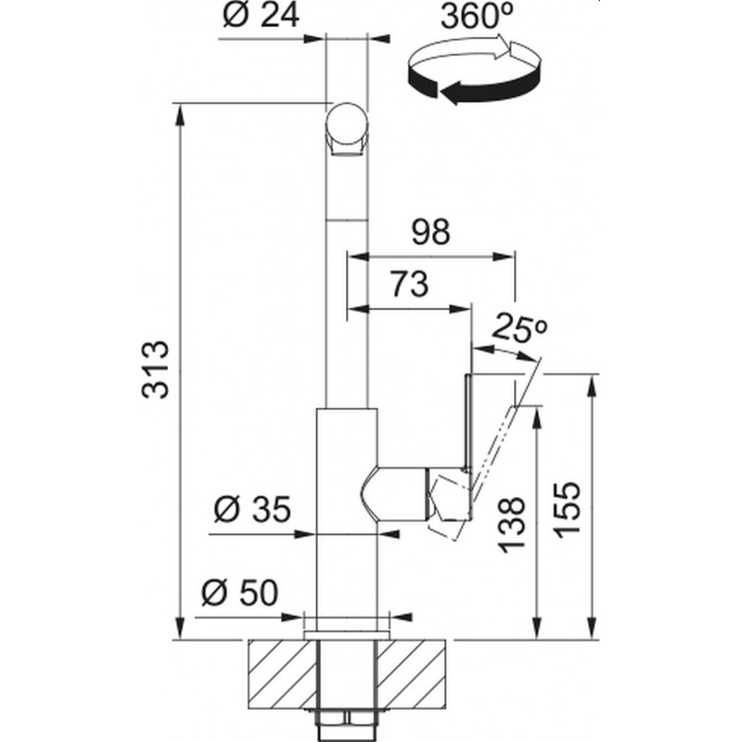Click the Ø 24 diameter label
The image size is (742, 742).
pos(261,16)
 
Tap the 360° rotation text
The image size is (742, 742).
pos(477,18)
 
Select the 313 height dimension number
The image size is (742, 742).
pos(155,370)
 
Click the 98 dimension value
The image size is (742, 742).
pos(430,233)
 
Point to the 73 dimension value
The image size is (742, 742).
pos(409,285)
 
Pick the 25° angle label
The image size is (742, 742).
pos(520,327)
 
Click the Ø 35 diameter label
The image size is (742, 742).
pos(251,509)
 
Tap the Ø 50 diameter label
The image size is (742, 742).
pos(239,593)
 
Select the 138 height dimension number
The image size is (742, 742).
pos(512,524)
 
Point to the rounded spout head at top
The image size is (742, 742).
pos(347,129)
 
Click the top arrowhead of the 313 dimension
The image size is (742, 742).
pos(180,115)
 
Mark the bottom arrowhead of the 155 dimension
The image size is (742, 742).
pos(591,628)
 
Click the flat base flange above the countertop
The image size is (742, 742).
pos(347,635)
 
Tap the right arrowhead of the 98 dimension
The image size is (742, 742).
pos(503,257)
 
